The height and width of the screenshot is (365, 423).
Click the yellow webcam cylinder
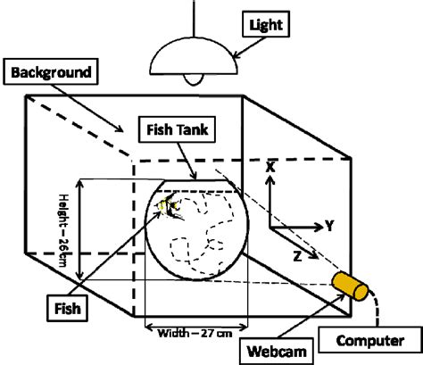coord(351,286)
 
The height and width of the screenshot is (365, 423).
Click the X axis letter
coord(271,166)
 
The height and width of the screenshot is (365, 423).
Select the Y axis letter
coord(328,227)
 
